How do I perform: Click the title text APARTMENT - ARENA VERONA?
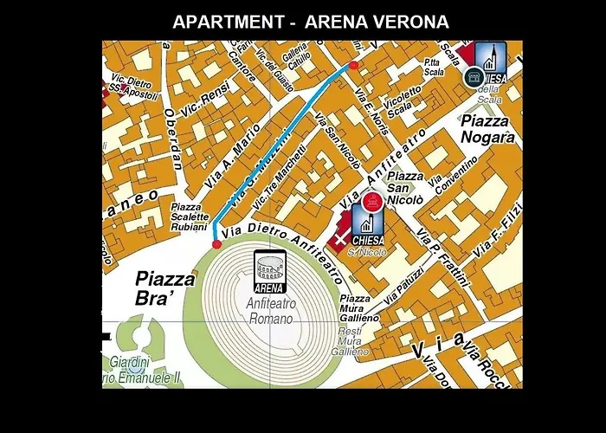pos(311,22)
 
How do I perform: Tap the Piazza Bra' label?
pos(165,288)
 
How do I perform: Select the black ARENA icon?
pos(268,271)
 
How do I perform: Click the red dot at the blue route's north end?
pos(352,66)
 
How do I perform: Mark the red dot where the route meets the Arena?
pos(216,244)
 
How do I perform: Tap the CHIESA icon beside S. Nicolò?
pos(367,218)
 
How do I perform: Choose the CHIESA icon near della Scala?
pos(490,62)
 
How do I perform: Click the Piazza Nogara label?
pos(488,129)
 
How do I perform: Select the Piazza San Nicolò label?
pos(404,188)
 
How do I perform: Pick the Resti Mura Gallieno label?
pos(350,341)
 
